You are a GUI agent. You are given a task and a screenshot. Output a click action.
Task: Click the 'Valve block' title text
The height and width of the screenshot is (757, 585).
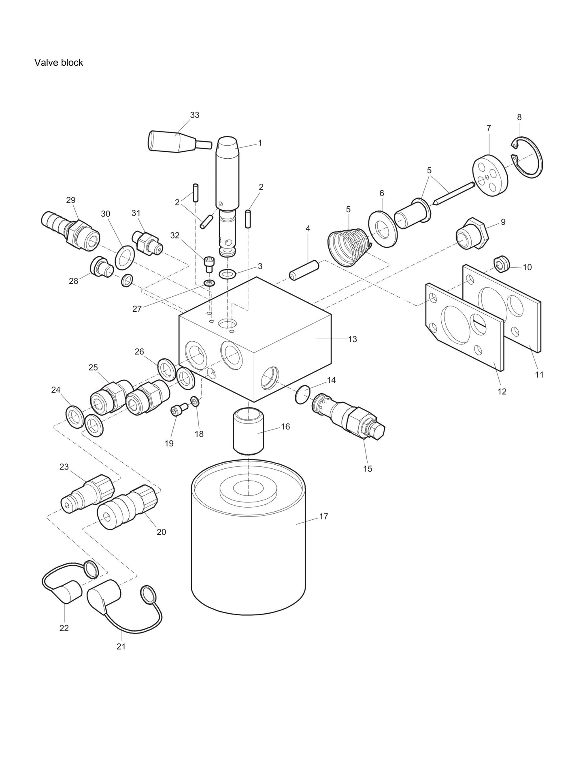click(59, 63)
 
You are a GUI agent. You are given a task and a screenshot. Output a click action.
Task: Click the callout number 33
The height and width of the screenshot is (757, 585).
click(195, 115)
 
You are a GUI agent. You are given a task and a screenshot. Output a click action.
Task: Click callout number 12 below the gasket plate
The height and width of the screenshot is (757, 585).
click(502, 391)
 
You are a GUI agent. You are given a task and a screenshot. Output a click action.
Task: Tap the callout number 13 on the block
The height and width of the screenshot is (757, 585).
click(352, 339)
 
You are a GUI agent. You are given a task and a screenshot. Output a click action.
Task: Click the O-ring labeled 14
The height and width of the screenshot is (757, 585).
click(303, 394)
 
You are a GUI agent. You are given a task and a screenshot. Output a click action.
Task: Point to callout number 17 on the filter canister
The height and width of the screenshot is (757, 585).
click(323, 517)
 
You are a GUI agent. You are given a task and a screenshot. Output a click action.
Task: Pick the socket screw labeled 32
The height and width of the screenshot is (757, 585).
click(209, 265)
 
